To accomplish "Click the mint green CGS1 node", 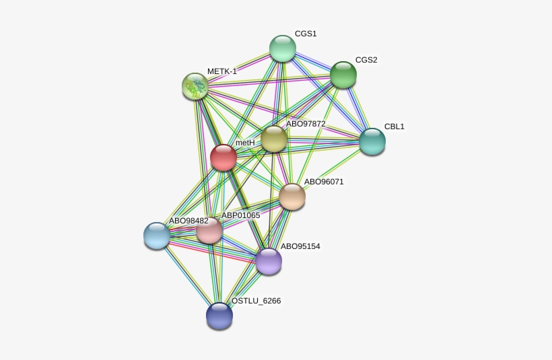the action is click(x=283, y=48).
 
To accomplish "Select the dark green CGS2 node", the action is click(x=343, y=75).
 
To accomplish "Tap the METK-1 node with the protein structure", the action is click(x=195, y=86).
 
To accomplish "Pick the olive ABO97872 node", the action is click(x=274, y=139).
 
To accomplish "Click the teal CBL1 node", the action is click(x=372, y=141).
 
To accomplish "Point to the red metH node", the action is click(x=223, y=157).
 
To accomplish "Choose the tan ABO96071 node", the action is click(x=292, y=196).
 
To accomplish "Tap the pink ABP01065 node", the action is click(x=209, y=231).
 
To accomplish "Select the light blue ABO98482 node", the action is click(x=157, y=236).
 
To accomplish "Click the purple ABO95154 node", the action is click(x=269, y=261).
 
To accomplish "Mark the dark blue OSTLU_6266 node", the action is click(x=219, y=316).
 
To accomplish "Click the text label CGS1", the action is click(x=306, y=34).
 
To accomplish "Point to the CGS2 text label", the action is click(x=366, y=60).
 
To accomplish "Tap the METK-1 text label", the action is click(x=222, y=71).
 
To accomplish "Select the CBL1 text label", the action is click(x=394, y=127).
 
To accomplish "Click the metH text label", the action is click(x=245, y=143).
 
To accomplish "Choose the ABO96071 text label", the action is click(x=324, y=182).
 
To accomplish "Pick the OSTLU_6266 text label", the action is click(x=256, y=301).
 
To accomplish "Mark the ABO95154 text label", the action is click(x=300, y=246).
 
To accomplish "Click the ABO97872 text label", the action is click(x=306, y=124).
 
